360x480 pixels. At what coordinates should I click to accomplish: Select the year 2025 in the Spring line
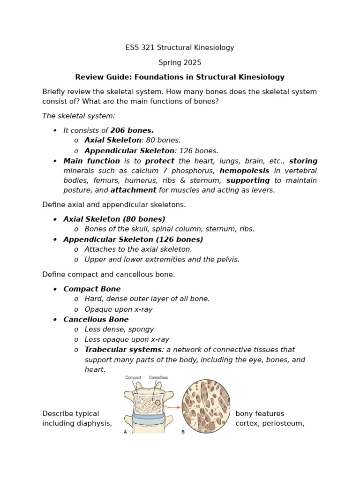point(193,62)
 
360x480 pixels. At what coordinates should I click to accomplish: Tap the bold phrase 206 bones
point(132,130)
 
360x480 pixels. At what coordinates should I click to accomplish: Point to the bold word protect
point(159,161)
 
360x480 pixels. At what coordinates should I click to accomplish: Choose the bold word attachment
point(133,190)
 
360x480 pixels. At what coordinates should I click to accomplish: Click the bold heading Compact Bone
point(92,289)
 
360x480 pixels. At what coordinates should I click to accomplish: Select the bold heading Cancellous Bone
point(96,320)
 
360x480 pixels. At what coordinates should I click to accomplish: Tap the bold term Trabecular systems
point(123,350)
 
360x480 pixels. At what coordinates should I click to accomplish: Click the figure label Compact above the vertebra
point(133,377)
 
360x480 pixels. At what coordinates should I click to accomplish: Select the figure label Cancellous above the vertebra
point(158,377)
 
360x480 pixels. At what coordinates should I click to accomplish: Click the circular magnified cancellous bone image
point(206,406)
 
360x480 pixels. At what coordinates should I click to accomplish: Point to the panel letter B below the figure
point(183,432)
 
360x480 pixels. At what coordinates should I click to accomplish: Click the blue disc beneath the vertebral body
point(148,418)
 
